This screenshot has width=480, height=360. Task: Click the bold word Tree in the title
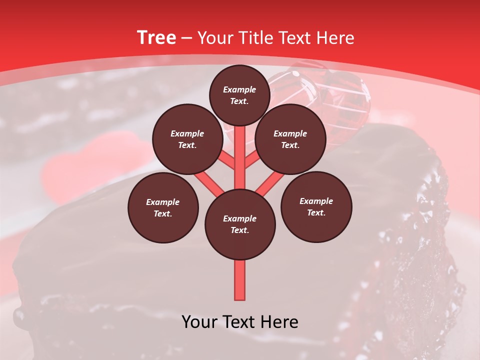(x=156, y=38)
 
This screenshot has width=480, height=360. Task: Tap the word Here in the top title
(x=336, y=38)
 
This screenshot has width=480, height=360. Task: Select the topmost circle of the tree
(x=239, y=95)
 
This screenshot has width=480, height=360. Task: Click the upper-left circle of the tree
(x=187, y=139)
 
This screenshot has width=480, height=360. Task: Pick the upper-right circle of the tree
(x=290, y=139)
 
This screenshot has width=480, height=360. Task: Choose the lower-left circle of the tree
(x=163, y=207)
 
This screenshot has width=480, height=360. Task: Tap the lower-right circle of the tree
(x=316, y=206)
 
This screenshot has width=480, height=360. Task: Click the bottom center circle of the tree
(x=239, y=224)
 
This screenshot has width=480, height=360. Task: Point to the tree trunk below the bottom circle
(x=239, y=280)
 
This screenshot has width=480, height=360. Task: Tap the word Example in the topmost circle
(x=239, y=89)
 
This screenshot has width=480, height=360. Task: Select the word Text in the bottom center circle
(x=239, y=230)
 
